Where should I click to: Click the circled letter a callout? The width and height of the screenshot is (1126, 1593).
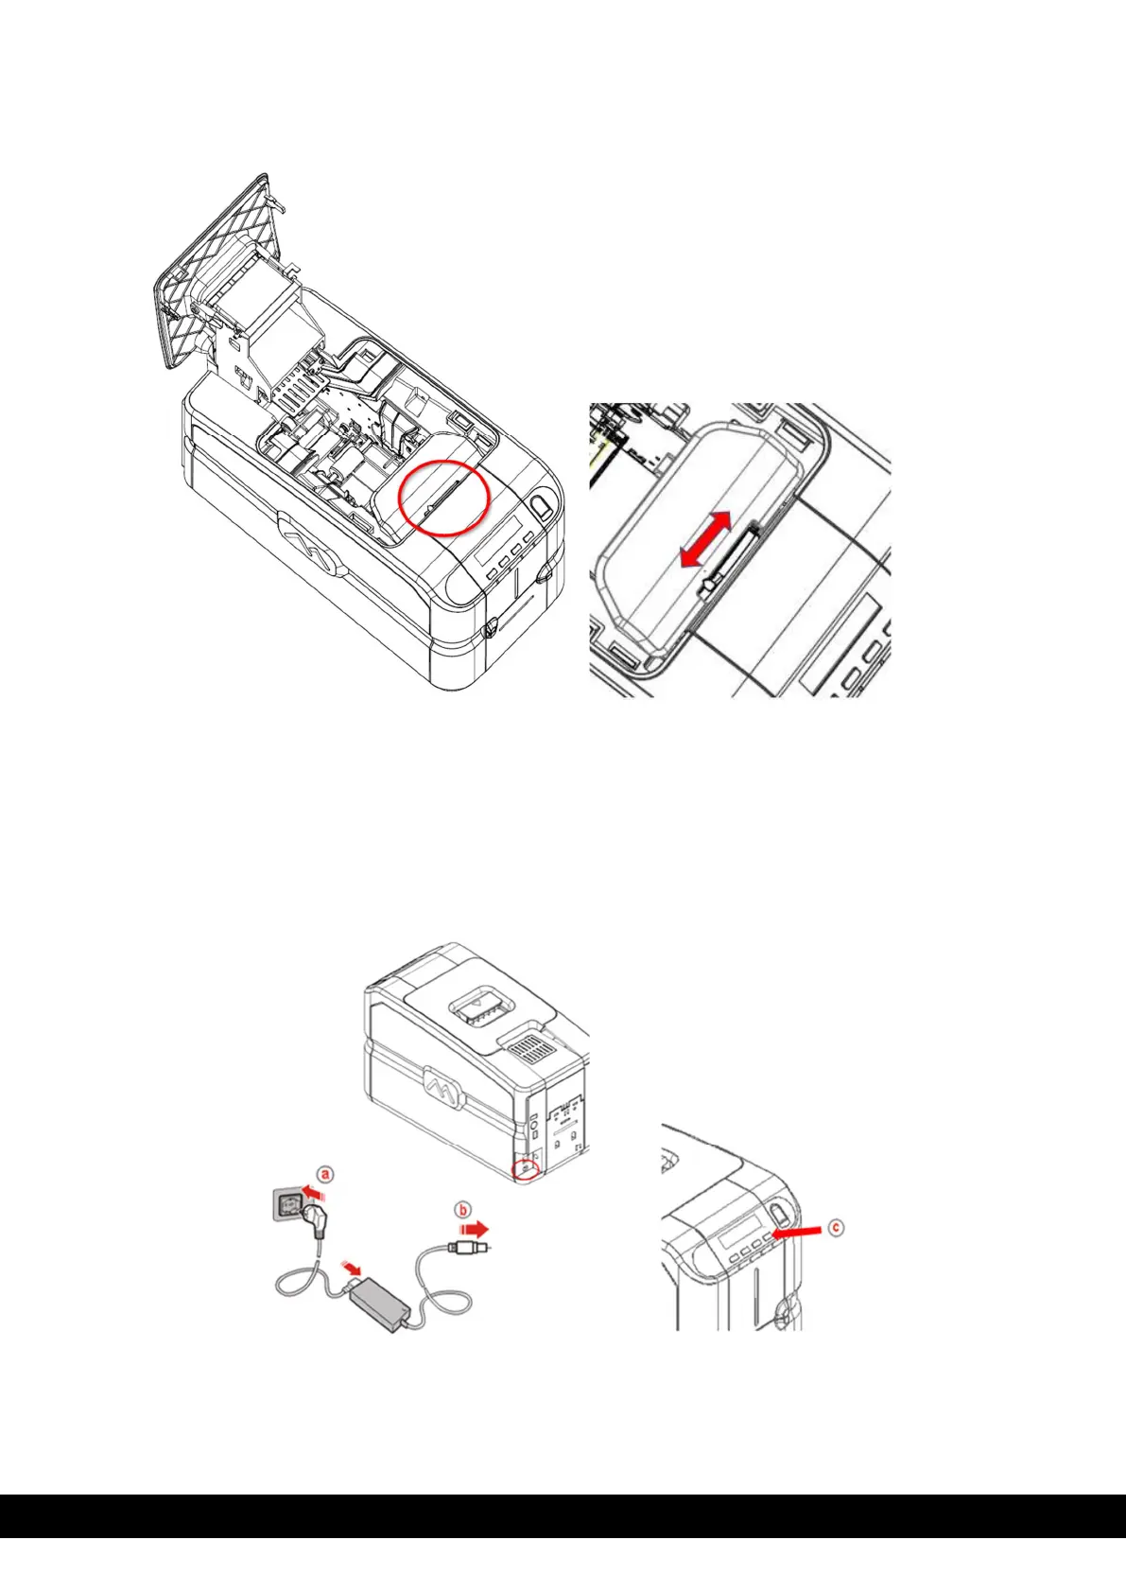[324, 1175]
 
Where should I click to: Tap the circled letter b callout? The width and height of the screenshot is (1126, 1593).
[463, 1211]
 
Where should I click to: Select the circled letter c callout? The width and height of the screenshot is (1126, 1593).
[836, 1228]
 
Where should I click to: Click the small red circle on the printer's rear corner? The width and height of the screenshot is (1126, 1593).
[526, 1169]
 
